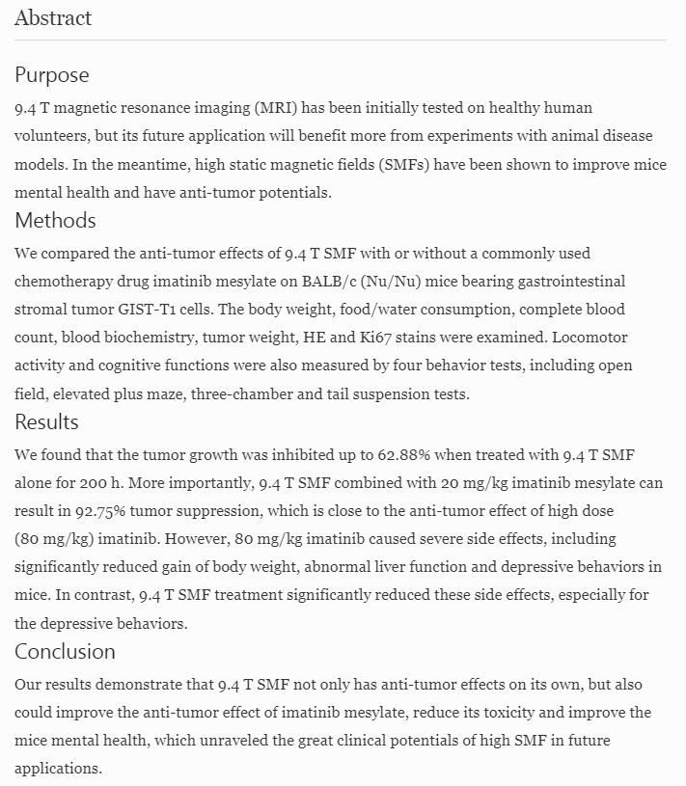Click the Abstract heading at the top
pos(53,17)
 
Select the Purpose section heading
pos(51,75)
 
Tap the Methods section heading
pos(55,220)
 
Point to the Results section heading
pos(46,422)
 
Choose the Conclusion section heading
pos(65,651)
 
